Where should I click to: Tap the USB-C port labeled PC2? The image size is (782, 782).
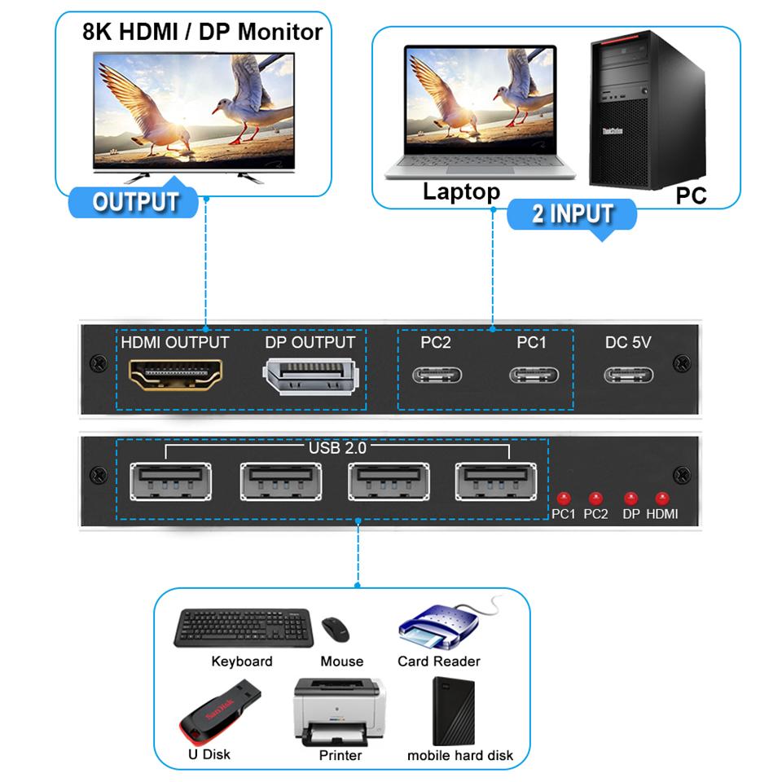tap(437, 375)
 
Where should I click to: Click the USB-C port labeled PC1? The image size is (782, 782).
tap(534, 375)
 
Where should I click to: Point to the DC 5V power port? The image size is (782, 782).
tap(628, 375)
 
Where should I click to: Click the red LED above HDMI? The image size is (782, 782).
tap(661, 497)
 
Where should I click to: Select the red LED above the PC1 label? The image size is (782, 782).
tap(562, 497)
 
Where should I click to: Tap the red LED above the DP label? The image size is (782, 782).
tap(630, 497)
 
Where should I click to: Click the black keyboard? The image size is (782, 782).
tap(243, 627)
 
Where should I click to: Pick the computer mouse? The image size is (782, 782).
tap(336, 629)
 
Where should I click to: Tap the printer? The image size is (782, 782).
tap(340, 710)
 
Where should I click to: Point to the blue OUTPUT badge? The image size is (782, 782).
tap(134, 202)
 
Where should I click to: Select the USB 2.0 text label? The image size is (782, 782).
tap(339, 447)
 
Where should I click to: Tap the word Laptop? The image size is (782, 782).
tap(461, 192)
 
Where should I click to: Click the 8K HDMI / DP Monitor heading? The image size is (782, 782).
tap(202, 32)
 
